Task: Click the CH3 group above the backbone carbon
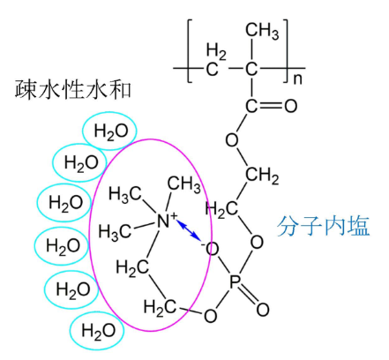262,31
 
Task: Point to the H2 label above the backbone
216,51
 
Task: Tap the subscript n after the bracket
297,79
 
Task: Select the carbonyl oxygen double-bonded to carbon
290,106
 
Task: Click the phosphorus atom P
236,281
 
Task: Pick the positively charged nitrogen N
163,221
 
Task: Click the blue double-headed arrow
189,230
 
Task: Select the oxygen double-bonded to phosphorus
262,309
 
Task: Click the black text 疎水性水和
73,88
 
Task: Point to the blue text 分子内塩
323,226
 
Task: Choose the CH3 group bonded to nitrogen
184,184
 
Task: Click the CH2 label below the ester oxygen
262,175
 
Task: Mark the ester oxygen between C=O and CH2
232,140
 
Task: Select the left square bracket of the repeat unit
190,51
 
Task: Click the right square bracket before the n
286,51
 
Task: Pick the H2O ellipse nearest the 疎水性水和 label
109,131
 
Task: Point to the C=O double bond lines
270,106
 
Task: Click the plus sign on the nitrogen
175,216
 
